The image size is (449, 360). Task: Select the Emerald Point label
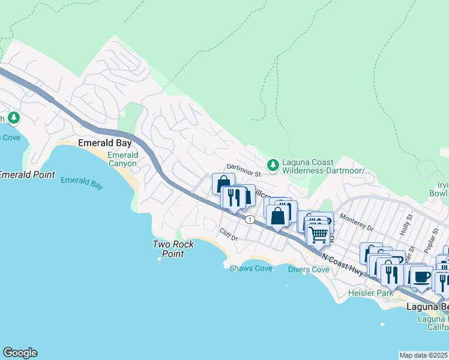coord(26,175)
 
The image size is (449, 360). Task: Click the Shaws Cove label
coord(251,268)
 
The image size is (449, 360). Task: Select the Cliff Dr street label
coord(229,235)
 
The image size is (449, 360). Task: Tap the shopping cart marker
coord(319,233)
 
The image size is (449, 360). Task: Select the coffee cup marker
coord(421,276)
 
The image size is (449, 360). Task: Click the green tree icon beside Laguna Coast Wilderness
coord(273,164)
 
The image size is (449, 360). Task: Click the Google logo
coord(20,353)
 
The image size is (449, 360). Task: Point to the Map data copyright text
coord(424,355)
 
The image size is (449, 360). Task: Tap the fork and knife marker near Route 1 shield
coord(233,197)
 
